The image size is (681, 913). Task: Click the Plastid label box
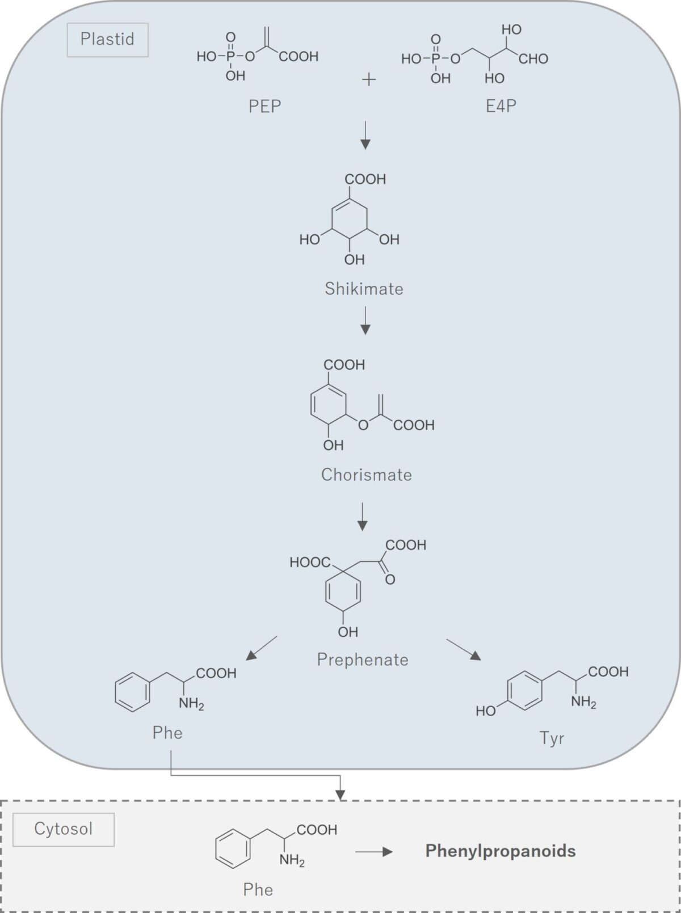point(107,40)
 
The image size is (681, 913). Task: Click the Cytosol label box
point(63,829)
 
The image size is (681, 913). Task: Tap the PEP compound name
point(264,106)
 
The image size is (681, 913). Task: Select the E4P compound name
point(501,106)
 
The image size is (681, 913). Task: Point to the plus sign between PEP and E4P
point(369,80)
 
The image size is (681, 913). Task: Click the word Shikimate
point(364,289)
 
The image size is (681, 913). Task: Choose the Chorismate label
point(366,475)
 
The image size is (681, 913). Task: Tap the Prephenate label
point(363,660)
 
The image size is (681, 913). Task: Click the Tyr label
point(552,738)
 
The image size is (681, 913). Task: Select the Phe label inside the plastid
point(167,733)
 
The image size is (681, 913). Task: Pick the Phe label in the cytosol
point(258,889)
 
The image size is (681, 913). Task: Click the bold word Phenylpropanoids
point(501,851)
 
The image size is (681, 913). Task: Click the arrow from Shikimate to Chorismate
point(365,320)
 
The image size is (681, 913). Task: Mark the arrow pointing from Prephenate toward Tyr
point(463,649)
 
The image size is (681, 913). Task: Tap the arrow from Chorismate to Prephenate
point(363,516)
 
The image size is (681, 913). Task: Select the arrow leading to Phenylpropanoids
point(374,851)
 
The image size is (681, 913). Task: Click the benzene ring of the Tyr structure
point(525,691)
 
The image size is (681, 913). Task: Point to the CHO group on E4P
point(533,59)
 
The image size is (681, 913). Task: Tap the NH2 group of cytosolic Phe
point(292,861)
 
